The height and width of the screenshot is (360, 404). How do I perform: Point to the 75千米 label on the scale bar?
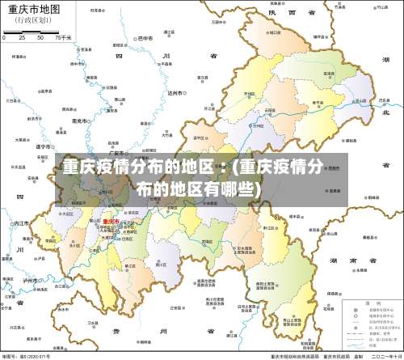tap(64, 38)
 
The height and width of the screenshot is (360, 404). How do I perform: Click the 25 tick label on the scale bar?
tap(23, 38)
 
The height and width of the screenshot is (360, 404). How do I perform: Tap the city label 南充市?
tap(78, 120)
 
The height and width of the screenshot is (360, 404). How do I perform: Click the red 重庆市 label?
tap(110, 220)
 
